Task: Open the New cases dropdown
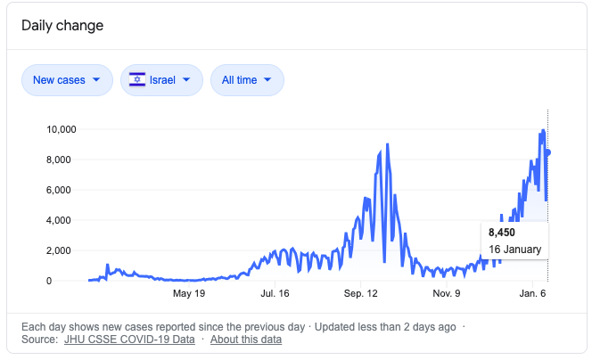pos(67,80)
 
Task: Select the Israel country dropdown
pos(161,80)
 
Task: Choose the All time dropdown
pos(247,80)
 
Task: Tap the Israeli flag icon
pos(138,80)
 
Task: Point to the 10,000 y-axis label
pos(62,129)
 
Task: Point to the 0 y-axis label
pos(73,281)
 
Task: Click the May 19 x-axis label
pos(189,292)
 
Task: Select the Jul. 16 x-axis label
pos(275,292)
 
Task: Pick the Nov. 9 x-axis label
pos(447,292)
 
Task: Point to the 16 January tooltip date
pos(514,249)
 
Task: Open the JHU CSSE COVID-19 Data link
pos(129,340)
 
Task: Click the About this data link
pos(246,340)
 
